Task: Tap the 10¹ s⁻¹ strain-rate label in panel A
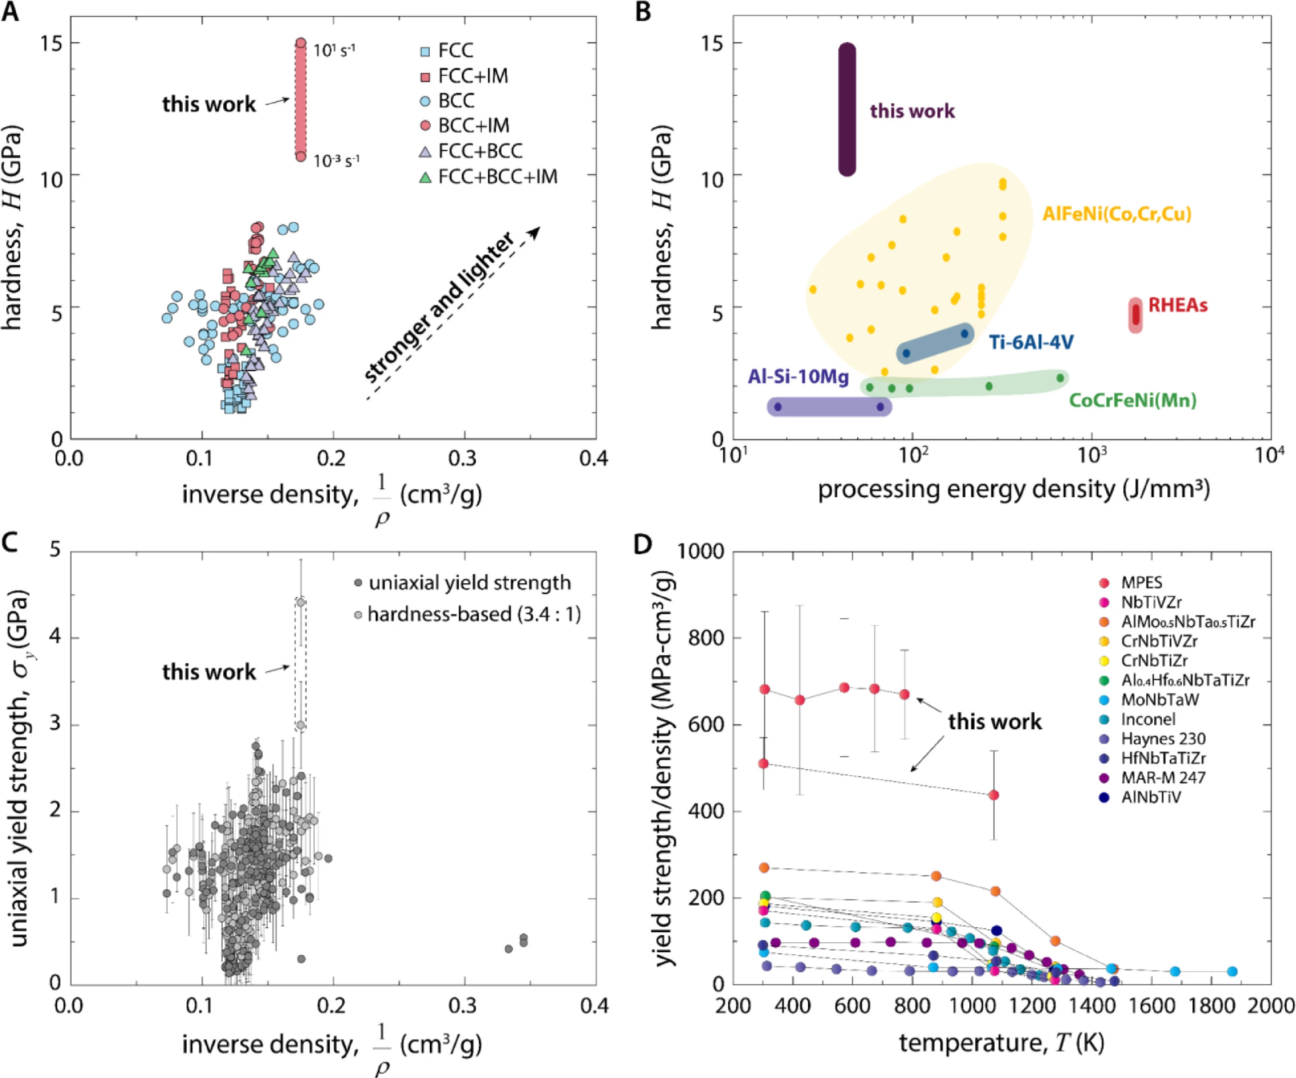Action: click(334, 49)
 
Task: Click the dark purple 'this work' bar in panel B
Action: click(847, 109)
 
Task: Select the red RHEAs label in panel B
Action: click(1178, 305)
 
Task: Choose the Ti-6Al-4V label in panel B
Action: click(1032, 342)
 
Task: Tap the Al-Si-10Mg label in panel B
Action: click(799, 377)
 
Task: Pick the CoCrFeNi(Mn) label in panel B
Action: click(1133, 400)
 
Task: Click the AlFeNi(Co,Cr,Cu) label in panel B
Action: click(1117, 214)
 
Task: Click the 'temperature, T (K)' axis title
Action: click(1001, 1043)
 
